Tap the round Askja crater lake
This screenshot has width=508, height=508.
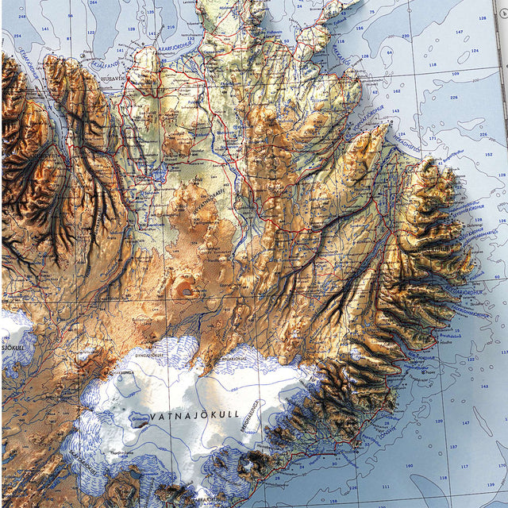[x=187, y=292]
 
